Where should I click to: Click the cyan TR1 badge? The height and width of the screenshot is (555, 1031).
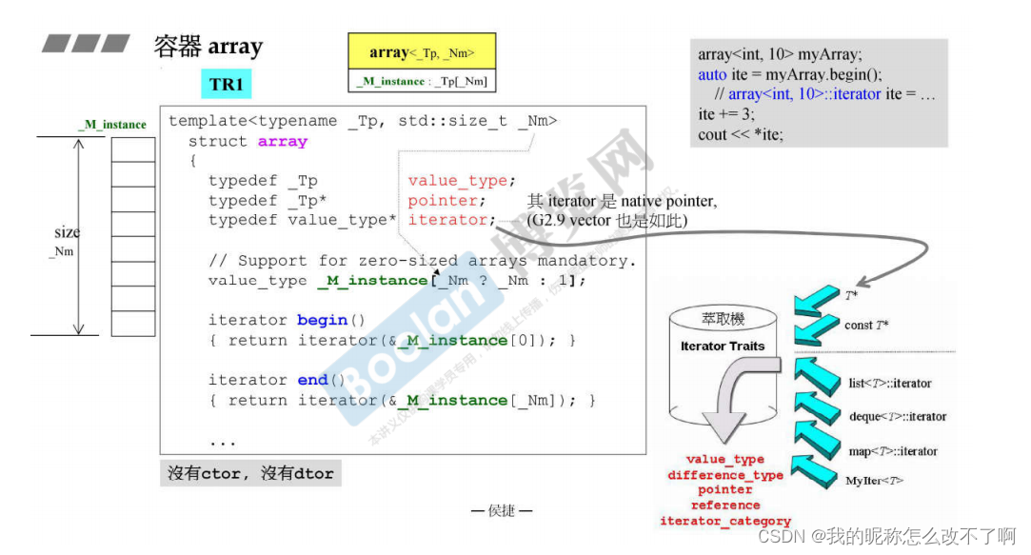[227, 85]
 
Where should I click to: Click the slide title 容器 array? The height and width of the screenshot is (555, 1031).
[208, 46]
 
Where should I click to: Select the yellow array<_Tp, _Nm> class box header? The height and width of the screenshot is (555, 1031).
[422, 53]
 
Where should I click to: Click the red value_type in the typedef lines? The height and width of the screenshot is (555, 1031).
[460, 181]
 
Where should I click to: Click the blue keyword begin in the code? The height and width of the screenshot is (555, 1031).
[322, 320]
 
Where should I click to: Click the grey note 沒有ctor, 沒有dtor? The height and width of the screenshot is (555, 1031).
[250, 473]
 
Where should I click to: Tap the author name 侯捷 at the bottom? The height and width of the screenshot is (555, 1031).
[502, 511]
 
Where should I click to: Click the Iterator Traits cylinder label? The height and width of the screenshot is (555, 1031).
[722, 347]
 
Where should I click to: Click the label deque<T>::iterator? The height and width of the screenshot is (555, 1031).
[898, 416]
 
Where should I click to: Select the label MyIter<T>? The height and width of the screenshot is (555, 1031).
[874, 481]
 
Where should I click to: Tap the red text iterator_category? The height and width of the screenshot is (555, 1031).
[725, 521]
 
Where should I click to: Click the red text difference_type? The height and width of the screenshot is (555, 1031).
[725, 475]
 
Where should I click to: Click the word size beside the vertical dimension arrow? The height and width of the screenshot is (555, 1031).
[67, 232]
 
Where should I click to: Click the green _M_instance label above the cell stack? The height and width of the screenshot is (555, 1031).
[112, 125]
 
